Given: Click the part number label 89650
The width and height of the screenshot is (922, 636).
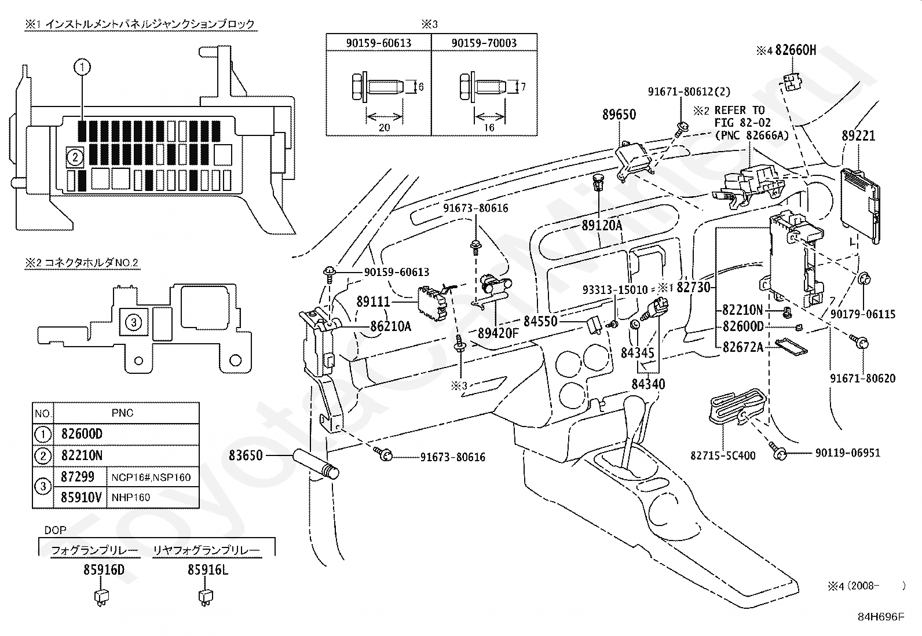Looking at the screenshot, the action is click(x=619, y=115).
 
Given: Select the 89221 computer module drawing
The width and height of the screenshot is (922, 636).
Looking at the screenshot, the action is click(x=860, y=205).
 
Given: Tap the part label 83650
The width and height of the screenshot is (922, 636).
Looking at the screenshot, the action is click(x=246, y=455).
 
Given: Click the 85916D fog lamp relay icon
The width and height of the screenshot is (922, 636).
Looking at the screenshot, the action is click(x=101, y=597).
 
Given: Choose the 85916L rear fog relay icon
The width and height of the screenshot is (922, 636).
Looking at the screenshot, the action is click(x=206, y=597).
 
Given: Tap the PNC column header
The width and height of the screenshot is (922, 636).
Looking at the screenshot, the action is click(x=123, y=413).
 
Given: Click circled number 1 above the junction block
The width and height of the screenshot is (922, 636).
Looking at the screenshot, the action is click(x=82, y=67).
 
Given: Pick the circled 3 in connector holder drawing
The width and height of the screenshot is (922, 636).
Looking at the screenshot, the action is click(x=133, y=322).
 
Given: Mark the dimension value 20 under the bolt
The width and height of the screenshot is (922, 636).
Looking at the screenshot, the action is click(x=384, y=127).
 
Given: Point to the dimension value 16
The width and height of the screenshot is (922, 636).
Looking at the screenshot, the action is click(x=489, y=127).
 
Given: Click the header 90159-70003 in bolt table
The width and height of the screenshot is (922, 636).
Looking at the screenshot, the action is click(x=484, y=43).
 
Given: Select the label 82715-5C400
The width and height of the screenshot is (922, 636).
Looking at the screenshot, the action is click(x=723, y=456).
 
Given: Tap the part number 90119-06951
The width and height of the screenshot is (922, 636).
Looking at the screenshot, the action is click(x=848, y=453).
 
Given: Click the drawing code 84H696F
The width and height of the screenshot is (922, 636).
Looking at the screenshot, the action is click(x=881, y=617).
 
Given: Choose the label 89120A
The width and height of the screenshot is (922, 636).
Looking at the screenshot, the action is click(x=602, y=226).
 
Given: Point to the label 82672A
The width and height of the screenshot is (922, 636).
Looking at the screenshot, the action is click(x=743, y=347).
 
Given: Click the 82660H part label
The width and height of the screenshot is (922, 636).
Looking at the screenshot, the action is click(x=796, y=50).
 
